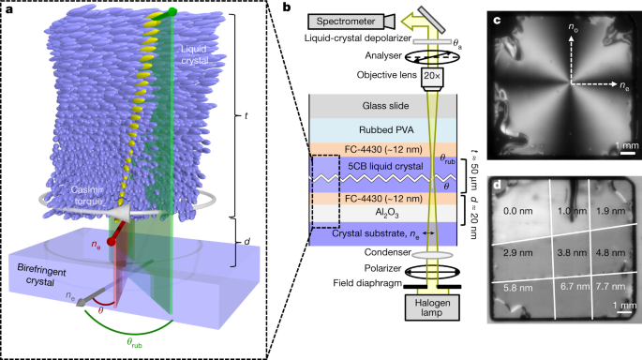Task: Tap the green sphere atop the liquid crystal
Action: coord(175,14)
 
